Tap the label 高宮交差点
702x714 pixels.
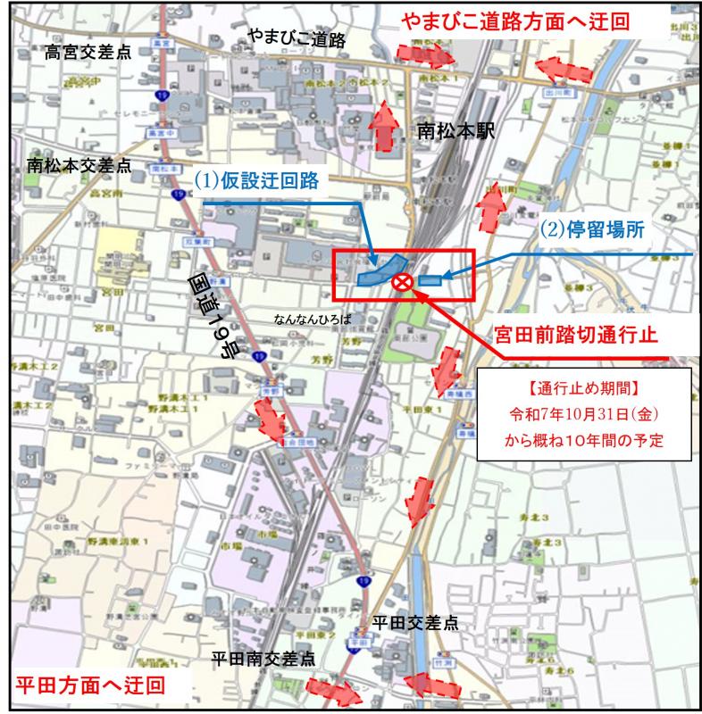pos(88,53)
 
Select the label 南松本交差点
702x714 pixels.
pos(79,165)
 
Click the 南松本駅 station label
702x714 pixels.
pos(455,132)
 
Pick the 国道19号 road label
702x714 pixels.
pos(215,315)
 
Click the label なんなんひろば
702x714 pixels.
pos(313,319)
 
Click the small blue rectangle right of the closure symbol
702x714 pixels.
pos(430,280)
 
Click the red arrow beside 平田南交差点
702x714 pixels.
pos(331,691)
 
